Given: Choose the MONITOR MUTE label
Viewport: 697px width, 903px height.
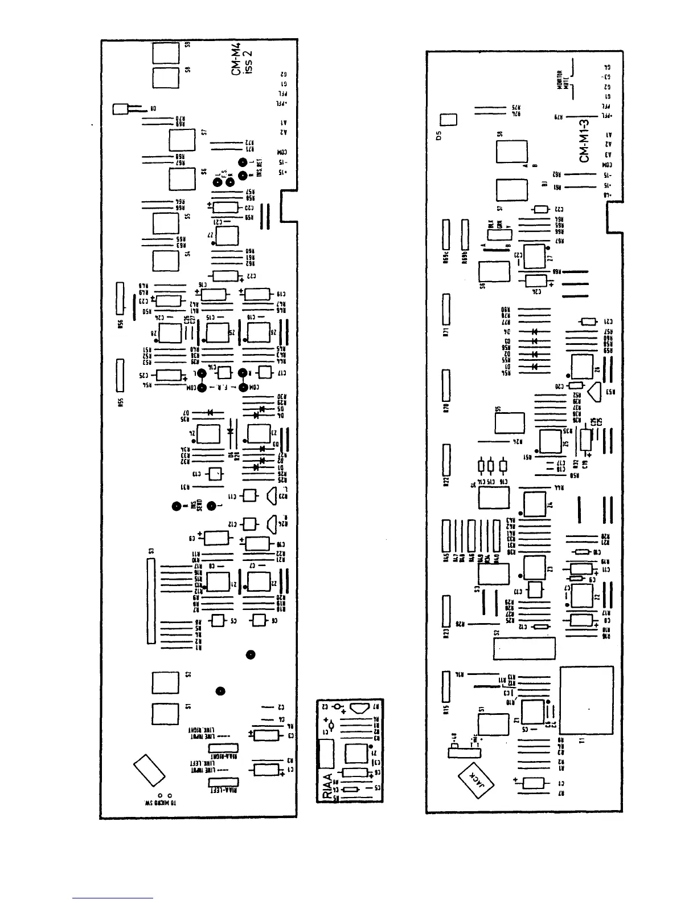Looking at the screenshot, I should [562, 80].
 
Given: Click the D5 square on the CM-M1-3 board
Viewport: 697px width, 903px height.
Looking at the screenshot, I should [449, 120].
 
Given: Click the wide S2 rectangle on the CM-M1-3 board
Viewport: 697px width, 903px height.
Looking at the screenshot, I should [524, 649].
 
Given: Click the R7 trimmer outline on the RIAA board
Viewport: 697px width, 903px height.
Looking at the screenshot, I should [360, 709].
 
